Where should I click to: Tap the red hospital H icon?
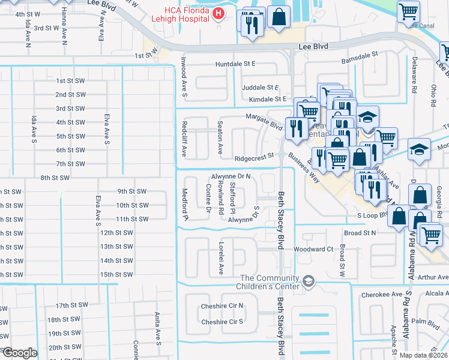click(x=219, y=14)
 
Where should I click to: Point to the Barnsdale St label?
click(x=358, y=53)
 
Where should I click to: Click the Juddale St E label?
click(x=261, y=87)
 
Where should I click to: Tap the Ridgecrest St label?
click(x=254, y=159)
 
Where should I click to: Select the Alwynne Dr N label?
click(x=231, y=176)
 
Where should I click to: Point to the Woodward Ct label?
click(x=313, y=249)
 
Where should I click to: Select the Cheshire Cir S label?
click(x=223, y=322)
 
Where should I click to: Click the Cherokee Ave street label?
click(x=381, y=295)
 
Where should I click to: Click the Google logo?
click(x=19, y=352)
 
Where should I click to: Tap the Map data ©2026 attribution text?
click(x=423, y=355)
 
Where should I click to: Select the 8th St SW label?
click(x=56, y=178)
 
